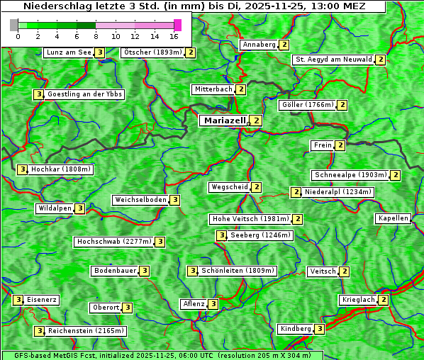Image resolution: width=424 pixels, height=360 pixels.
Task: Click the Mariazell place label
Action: (x=225, y=120)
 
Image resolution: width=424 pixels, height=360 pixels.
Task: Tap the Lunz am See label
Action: (x=68, y=52)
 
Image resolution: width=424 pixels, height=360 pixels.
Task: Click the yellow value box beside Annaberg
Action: (x=284, y=45)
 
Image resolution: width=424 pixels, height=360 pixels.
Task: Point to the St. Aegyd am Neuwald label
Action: (x=333, y=60)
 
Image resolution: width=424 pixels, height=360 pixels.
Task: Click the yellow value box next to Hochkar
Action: (x=23, y=169)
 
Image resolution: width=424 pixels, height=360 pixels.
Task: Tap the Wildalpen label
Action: (x=55, y=208)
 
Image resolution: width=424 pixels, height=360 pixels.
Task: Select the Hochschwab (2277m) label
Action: (x=114, y=242)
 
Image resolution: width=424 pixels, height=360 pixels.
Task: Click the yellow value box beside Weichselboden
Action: (x=175, y=200)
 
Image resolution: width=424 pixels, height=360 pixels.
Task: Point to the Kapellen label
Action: (x=393, y=218)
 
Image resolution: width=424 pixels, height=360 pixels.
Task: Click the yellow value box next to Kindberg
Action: (x=320, y=329)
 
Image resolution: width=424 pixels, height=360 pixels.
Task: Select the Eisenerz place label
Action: (x=42, y=300)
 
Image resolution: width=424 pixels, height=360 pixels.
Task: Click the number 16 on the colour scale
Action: (x=174, y=36)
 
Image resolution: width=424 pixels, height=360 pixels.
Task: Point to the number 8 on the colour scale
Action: (x=96, y=36)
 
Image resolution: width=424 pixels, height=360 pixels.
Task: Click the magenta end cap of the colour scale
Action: (x=177, y=25)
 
